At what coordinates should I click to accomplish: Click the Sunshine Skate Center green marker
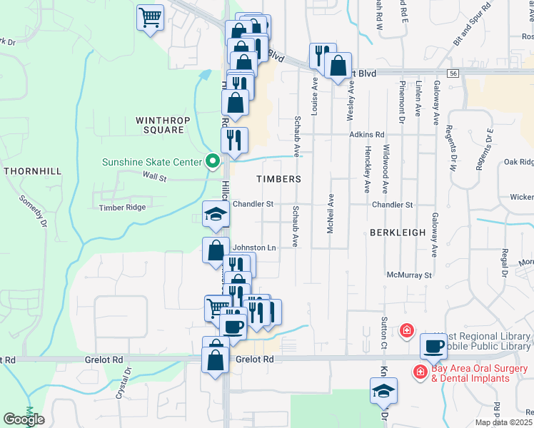tap(212, 162)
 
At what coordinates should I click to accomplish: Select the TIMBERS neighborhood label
tap(279, 179)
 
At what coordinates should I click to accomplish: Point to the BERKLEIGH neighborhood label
tap(398, 233)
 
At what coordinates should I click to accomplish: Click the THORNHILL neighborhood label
tap(32, 171)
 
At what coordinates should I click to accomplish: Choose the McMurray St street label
tap(409, 274)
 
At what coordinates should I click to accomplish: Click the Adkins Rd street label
tap(367, 134)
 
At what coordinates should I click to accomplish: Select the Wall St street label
tap(154, 175)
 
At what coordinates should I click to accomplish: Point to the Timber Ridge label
tap(122, 208)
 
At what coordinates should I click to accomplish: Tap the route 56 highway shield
tap(453, 73)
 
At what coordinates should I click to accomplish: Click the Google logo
tap(24, 419)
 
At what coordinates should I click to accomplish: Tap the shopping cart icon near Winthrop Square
tap(150, 16)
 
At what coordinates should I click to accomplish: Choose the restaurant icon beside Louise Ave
tap(322, 55)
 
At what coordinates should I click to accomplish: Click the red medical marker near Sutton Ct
tap(406, 330)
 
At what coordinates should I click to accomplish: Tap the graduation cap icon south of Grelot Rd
tap(383, 390)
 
